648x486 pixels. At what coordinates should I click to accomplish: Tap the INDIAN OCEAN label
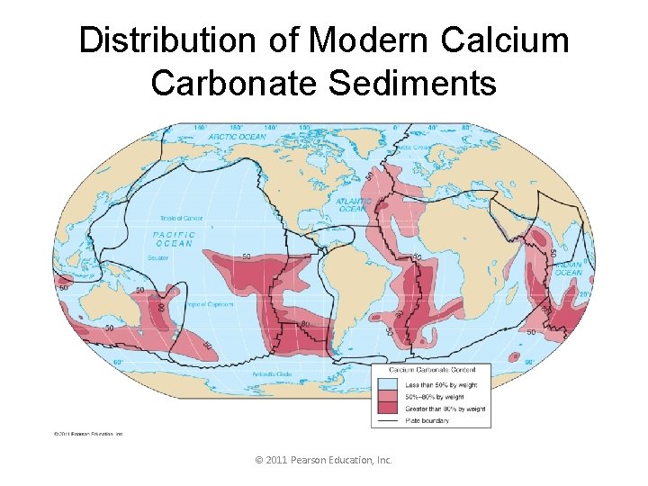point(568,269)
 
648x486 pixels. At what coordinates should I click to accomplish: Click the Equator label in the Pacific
point(157,258)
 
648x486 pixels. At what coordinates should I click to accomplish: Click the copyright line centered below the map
point(324,460)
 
